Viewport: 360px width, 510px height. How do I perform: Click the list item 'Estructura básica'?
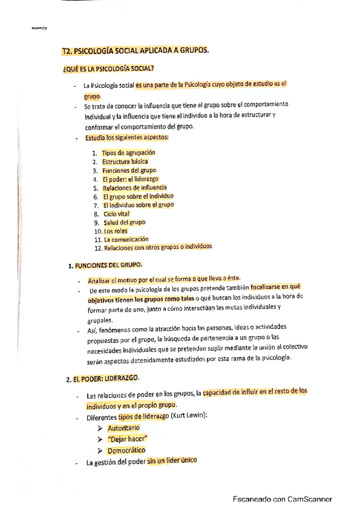124,161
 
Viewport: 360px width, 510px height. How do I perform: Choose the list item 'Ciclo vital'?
116,214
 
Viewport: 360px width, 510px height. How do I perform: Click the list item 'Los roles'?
116,231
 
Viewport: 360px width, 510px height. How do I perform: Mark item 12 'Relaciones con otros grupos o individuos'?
157,247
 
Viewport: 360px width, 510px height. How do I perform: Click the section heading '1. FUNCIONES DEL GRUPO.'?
105,265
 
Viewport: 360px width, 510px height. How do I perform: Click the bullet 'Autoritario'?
123,428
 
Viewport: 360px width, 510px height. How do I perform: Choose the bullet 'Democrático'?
126,450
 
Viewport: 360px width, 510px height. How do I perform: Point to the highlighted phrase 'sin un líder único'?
172,461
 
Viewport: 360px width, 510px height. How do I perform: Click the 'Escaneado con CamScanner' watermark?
282,499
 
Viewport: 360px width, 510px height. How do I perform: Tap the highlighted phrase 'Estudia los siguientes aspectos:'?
127,138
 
